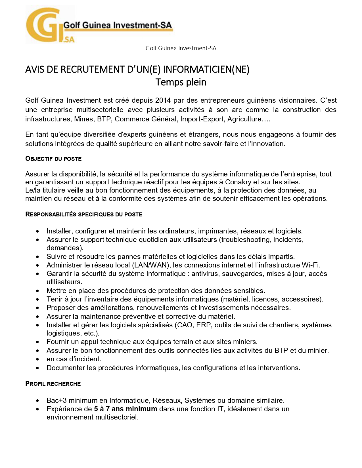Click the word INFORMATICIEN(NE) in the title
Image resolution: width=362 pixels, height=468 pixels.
(x=206, y=69)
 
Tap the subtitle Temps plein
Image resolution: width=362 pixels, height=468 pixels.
(x=181, y=82)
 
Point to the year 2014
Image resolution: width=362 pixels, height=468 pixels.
(x=163, y=100)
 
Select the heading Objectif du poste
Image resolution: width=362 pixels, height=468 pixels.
(x=53, y=159)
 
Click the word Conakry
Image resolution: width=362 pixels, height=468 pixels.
(x=238, y=182)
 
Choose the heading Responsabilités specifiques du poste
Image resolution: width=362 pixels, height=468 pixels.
(x=84, y=214)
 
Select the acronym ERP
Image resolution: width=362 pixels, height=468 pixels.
(x=203, y=325)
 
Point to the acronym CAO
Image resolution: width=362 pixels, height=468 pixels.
(x=185, y=325)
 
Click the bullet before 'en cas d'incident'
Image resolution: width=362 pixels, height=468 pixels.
(x=38, y=359)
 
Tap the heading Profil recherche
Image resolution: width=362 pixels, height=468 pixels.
(x=53, y=384)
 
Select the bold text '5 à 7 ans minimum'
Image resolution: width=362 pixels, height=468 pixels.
(x=125, y=409)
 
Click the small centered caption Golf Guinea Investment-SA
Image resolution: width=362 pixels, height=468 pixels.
(x=181, y=48)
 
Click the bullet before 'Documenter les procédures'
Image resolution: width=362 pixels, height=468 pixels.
(x=38, y=368)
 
